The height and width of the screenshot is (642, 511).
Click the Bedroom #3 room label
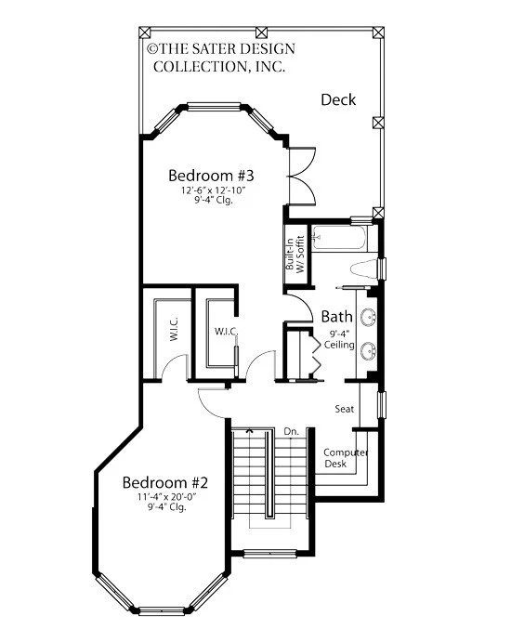click(211, 176)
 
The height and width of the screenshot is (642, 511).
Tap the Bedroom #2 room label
click(165, 482)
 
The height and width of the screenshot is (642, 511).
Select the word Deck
click(338, 99)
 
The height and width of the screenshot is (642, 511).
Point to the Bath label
click(336, 316)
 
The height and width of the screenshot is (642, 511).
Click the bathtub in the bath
click(338, 238)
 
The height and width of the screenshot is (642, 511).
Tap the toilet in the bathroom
click(364, 269)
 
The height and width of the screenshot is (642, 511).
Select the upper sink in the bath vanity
click(368, 317)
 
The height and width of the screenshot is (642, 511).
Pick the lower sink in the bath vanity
click(368, 351)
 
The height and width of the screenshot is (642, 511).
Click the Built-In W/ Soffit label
click(295, 255)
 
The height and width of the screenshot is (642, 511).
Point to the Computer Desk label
click(346, 458)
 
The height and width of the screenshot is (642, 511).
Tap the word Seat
click(345, 409)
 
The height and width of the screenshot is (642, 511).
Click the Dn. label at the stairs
click(292, 431)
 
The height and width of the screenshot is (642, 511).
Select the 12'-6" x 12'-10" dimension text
click(214, 190)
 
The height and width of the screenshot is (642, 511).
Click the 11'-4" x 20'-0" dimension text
click(166, 497)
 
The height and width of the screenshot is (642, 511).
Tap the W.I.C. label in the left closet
click(173, 328)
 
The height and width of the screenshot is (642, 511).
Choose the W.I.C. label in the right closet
click(226, 331)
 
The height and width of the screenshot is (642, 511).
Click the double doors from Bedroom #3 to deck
click(302, 176)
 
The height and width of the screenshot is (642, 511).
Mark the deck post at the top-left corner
click(145, 33)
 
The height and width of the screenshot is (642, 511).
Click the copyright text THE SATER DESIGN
click(221, 48)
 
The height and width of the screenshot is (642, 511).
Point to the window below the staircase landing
click(269, 554)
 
